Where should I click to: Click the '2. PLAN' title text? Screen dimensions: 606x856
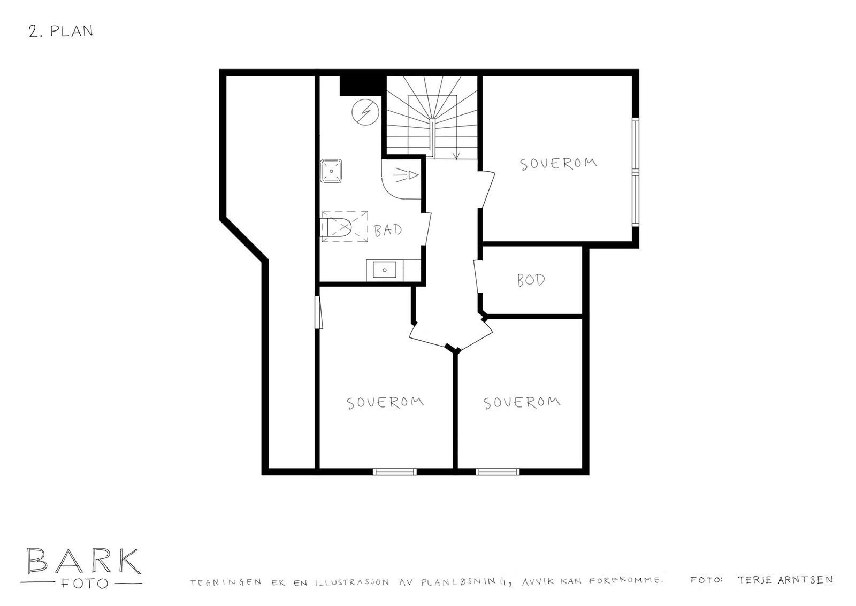click(x=61, y=32)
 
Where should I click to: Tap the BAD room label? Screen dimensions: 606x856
click(x=388, y=231)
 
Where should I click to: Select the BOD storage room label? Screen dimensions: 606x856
click(x=531, y=280)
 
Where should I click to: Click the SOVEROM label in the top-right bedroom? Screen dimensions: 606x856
click(x=559, y=163)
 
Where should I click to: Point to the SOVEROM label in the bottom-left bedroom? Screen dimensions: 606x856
click(x=385, y=402)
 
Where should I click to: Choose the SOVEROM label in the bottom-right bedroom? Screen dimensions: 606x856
click(x=522, y=402)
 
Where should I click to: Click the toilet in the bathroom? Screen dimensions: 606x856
click(x=335, y=227)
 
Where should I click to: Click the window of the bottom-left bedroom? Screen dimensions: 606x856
click(x=395, y=471)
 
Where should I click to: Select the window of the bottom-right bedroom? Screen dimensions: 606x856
click(x=498, y=471)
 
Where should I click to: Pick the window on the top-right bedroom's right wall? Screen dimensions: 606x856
click(x=635, y=171)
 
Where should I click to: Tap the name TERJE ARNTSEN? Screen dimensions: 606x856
click(x=785, y=580)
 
